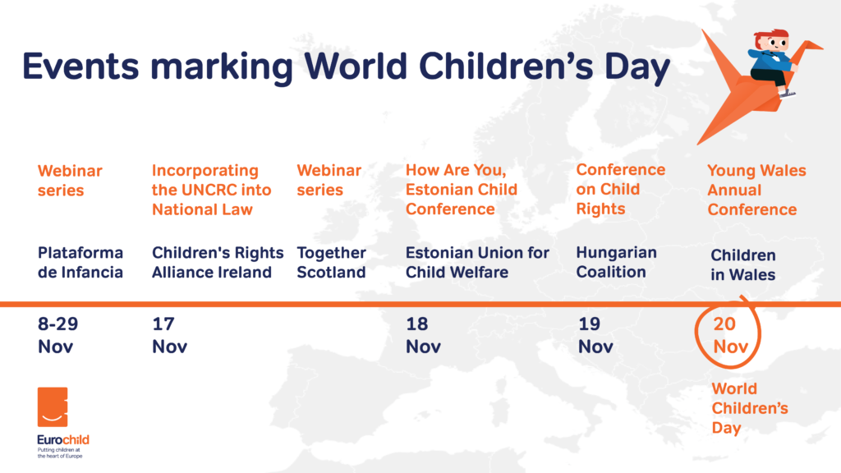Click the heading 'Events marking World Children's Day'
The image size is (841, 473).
346,67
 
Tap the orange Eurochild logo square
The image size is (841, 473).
53,407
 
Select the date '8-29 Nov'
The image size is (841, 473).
58,335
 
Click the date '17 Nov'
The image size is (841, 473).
169,335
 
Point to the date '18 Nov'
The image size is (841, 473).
423,335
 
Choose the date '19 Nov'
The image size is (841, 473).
595,335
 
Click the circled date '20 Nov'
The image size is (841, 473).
730,335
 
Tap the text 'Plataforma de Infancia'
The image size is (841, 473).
80,262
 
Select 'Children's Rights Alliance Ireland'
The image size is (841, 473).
218,262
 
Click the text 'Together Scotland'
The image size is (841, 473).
332,262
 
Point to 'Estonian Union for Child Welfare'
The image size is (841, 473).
477,262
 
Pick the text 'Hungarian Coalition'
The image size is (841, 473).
616,262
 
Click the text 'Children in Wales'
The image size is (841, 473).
742,264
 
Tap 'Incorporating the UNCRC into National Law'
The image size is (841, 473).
211,190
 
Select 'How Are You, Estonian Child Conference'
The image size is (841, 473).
462,190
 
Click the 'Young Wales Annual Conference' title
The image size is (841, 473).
756,190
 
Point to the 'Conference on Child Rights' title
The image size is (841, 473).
621,189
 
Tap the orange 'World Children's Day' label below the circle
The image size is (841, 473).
750,408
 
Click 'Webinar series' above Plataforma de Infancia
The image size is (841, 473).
70,180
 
